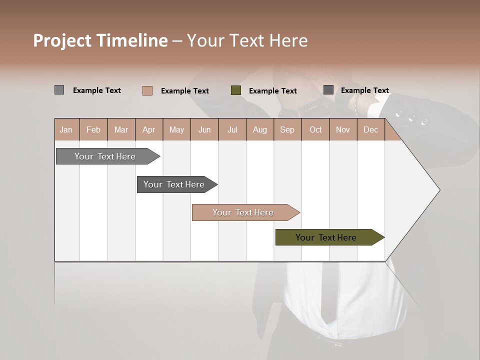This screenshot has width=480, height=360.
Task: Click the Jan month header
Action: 66,130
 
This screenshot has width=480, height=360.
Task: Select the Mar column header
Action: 121,130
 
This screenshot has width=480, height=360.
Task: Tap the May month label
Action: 176,130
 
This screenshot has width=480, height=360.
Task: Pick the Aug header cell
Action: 259,130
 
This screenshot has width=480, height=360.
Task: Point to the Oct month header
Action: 315,130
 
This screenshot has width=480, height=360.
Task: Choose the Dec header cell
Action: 370,130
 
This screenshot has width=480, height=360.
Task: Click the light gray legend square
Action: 59,90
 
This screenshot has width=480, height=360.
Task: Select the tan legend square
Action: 147,90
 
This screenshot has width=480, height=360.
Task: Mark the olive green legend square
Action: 236,90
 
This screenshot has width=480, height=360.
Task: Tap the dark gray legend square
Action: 328,90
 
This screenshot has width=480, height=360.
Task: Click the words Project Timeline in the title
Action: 100,40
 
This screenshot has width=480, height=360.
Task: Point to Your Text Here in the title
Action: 247,40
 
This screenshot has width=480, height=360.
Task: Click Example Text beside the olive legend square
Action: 272,91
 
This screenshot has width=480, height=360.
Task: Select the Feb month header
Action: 93,130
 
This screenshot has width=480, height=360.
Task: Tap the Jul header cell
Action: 232,130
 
